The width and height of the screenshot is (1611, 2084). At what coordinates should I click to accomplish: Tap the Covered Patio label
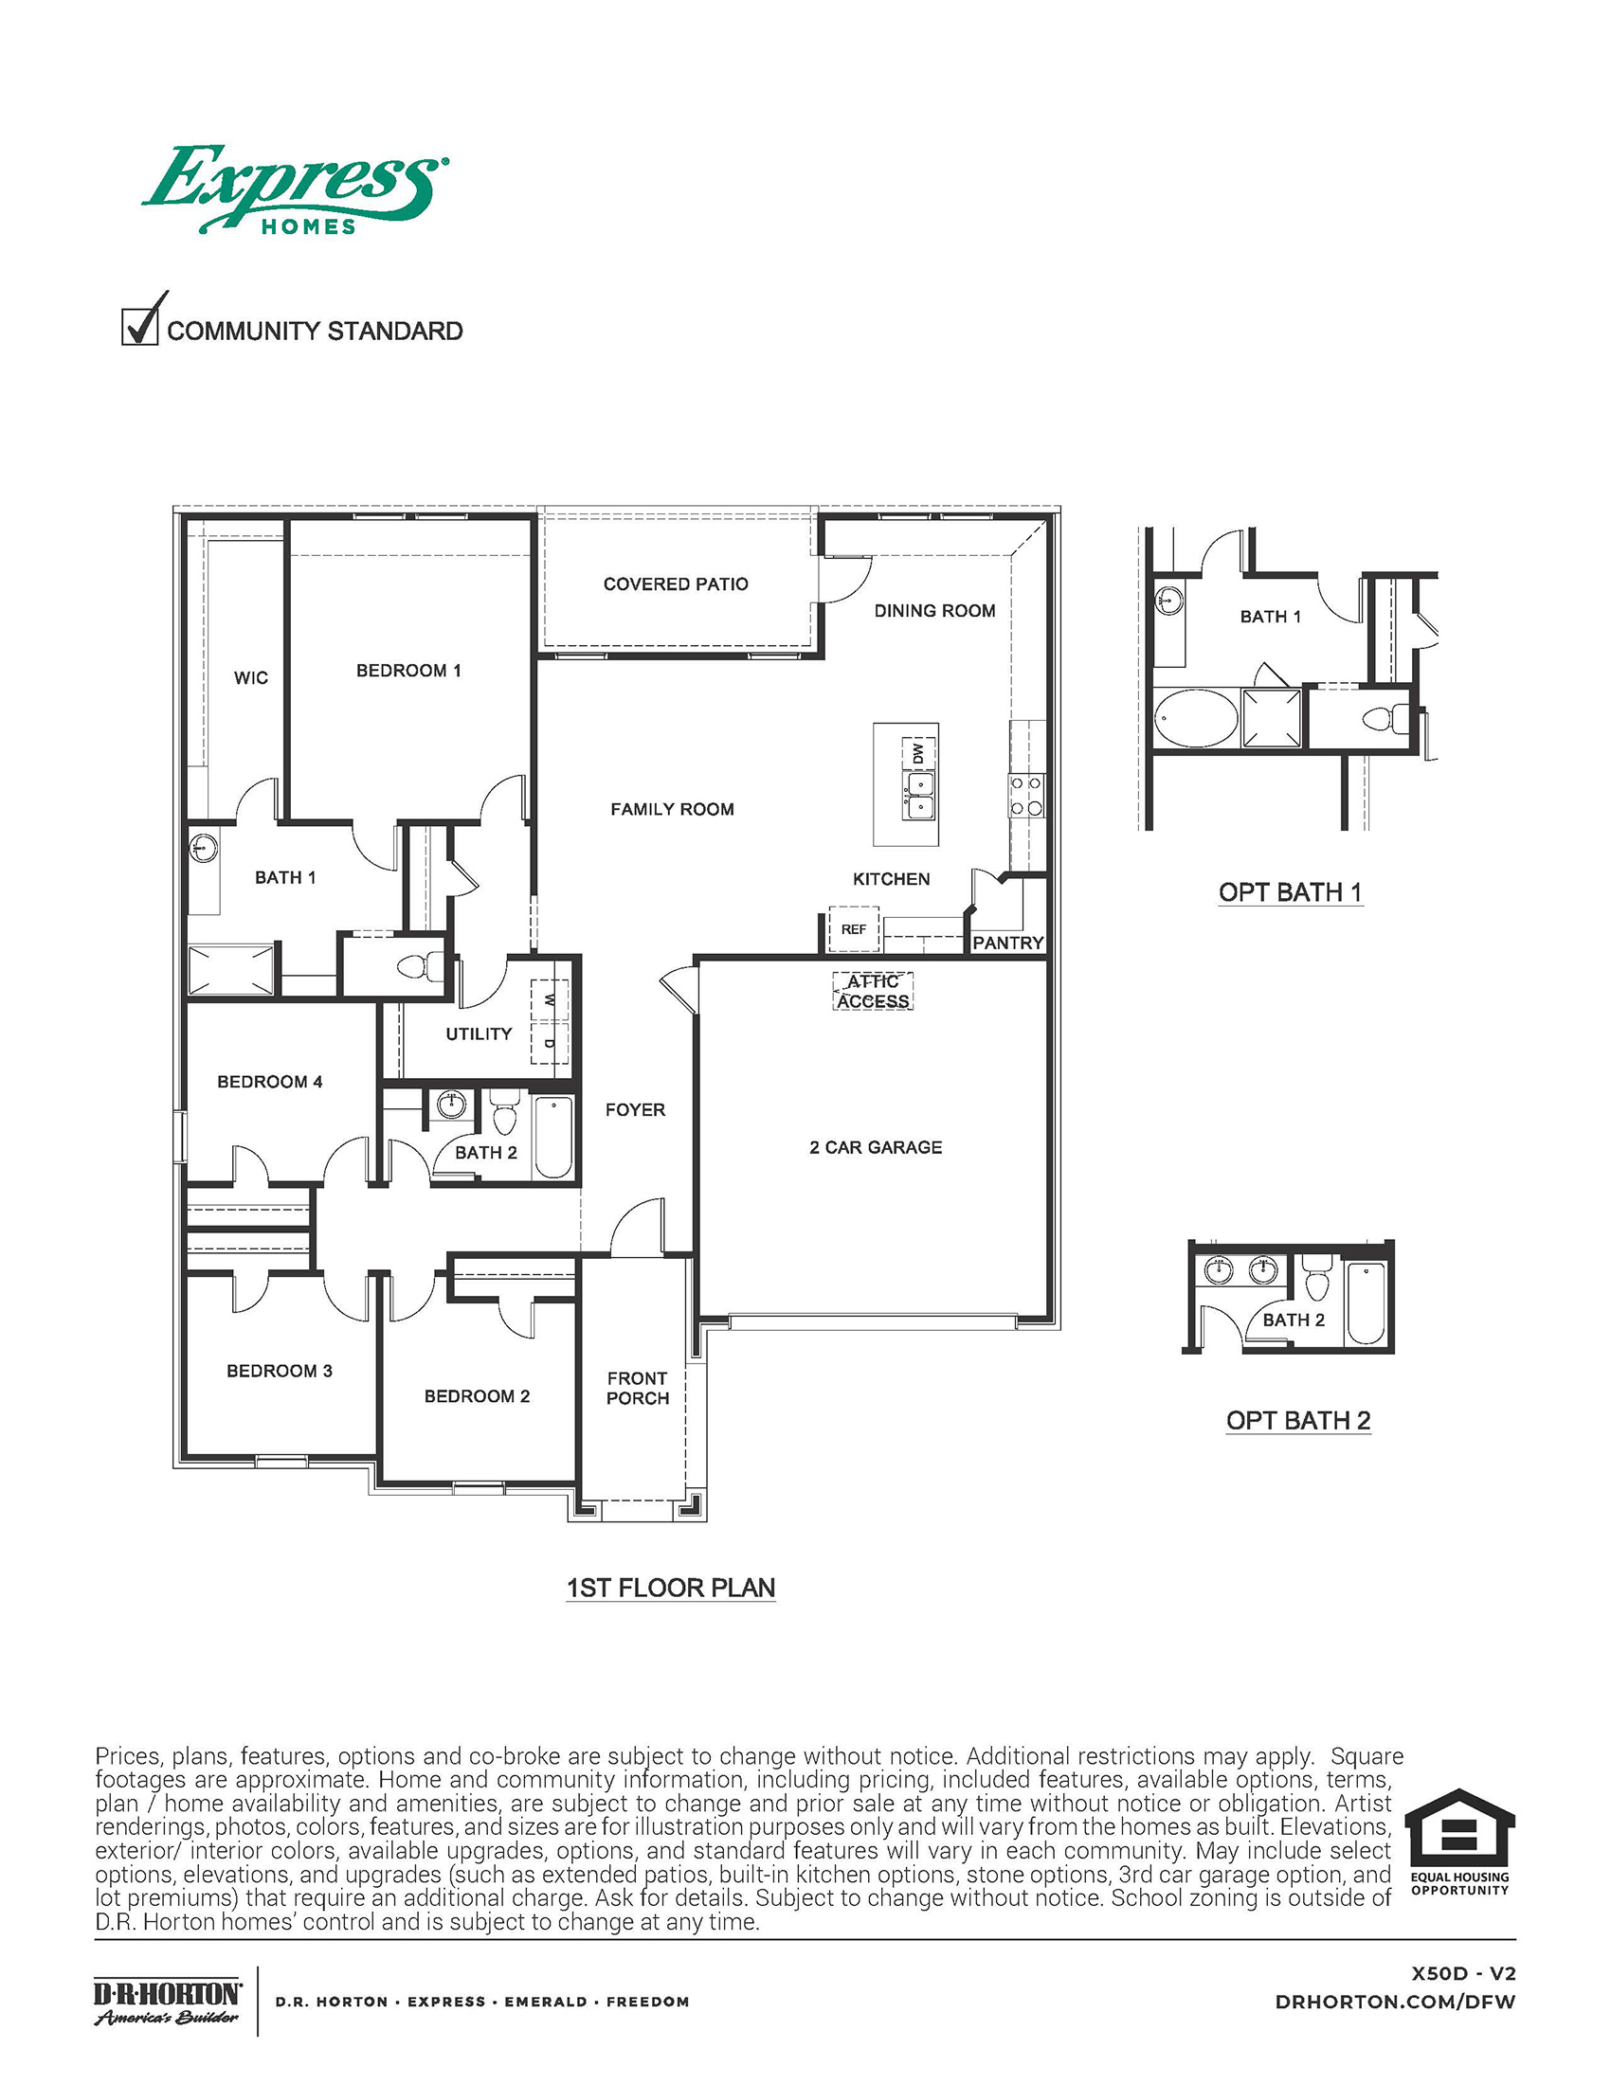coord(676,584)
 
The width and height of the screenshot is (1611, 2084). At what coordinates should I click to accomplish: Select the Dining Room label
coord(934,611)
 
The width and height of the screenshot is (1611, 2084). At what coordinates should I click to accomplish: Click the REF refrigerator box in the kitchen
coord(853,928)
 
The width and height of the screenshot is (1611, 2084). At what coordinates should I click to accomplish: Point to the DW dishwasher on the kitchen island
coord(918,753)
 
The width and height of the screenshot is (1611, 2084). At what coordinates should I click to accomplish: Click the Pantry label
coord(1008,943)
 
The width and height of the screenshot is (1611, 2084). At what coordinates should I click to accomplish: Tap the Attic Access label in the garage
coord(874,992)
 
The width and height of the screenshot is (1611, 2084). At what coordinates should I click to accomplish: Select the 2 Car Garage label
coord(876,1147)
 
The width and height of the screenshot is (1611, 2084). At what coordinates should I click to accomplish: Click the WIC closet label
coord(251,677)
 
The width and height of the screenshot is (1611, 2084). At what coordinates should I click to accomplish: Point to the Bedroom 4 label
coord(270,1081)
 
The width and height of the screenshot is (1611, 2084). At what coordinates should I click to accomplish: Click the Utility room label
coord(480,1033)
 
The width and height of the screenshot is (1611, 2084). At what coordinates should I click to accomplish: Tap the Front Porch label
coord(638,1389)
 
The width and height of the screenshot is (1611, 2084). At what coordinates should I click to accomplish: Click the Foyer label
coord(635,1110)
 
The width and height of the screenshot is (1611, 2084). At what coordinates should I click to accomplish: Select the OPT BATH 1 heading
coord(1291,892)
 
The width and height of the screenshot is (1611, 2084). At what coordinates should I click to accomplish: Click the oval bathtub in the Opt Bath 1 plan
coord(1196,718)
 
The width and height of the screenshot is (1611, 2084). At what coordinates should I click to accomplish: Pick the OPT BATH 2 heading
coord(1298,1420)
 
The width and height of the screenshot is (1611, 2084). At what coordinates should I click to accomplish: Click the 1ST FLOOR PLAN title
coord(671,1588)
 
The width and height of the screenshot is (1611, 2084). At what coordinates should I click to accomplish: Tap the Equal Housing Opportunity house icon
coord(1459,1830)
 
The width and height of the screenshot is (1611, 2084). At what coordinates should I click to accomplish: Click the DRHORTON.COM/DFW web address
coord(1395,2002)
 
